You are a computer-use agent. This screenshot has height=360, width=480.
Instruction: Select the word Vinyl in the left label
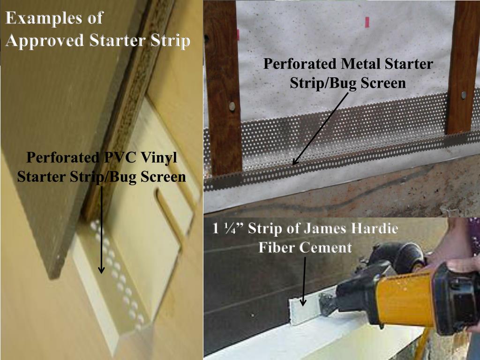[x=159, y=157]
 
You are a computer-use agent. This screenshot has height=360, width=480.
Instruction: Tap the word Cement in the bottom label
[x=328, y=247]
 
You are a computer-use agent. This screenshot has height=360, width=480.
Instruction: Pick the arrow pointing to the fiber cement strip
[x=304, y=281]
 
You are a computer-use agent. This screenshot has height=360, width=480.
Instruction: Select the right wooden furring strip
[x=461, y=70]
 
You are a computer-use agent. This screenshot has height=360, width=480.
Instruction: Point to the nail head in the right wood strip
[x=463, y=95]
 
